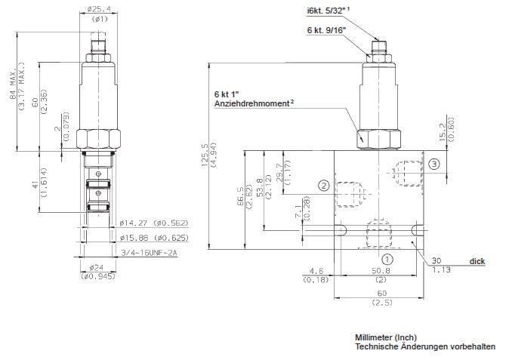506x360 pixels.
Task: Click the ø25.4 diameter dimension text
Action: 100,10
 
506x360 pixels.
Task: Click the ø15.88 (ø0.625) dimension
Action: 154,238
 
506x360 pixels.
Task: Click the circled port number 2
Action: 322,184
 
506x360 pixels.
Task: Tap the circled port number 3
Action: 433,164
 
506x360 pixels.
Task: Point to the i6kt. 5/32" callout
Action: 328,11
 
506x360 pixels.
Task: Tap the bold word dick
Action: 477,260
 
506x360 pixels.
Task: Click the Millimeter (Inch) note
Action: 386,337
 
